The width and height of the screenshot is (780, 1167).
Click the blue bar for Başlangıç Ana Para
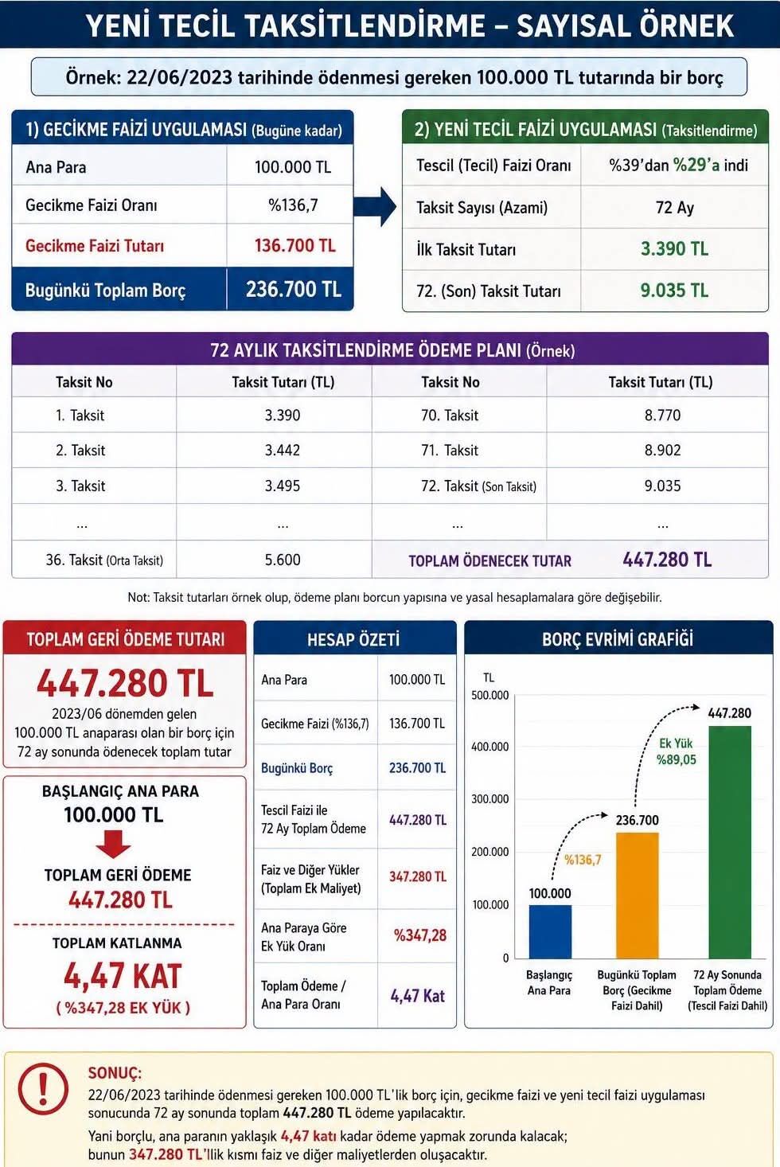pos(550,931)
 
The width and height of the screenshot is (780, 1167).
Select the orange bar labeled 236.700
pos(638,895)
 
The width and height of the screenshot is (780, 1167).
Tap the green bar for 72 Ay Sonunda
pos(729,842)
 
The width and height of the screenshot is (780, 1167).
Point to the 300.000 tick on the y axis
pos(489,798)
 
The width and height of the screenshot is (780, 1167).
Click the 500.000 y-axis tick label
pos(489,695)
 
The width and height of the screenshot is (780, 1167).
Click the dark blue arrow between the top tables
pos(375,206)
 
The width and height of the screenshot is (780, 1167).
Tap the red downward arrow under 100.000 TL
pos(113,844)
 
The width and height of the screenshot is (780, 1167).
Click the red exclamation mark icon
pos(43,1089)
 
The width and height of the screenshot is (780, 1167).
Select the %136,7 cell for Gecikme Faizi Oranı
pos(293,205)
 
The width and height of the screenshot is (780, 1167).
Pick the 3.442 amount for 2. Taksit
pos(283,450)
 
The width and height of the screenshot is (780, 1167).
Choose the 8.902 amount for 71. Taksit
pos(662,450)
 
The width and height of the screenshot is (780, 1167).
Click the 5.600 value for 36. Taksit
pos(283,560)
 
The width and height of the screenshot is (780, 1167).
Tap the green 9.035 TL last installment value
pos(674,291)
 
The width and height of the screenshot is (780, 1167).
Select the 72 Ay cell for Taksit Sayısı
pos(674,208)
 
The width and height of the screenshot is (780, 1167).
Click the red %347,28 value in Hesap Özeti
pos(420,935)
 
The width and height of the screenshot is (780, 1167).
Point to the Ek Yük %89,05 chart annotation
pos(677,751)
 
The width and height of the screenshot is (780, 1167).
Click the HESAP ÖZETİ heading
pos(353,639)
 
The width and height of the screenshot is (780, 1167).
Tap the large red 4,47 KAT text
pos(123,976)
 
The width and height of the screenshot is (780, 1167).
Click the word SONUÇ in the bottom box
pos(115,1073)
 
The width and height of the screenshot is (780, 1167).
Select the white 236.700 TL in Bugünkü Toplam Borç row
pos(294,289)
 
